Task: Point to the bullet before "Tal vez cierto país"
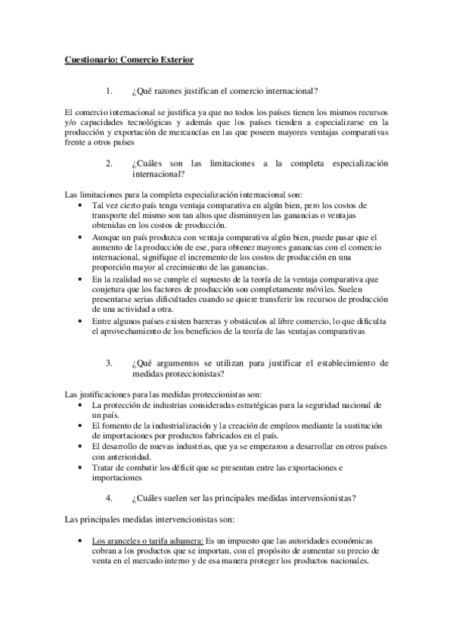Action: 82,206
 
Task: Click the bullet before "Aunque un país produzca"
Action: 82,237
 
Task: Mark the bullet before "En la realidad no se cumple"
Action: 82,279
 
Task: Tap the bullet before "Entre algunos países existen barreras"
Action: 82,321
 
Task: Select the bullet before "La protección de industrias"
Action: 82,406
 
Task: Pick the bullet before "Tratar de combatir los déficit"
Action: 82,468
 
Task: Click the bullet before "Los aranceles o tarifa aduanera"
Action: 82,541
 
